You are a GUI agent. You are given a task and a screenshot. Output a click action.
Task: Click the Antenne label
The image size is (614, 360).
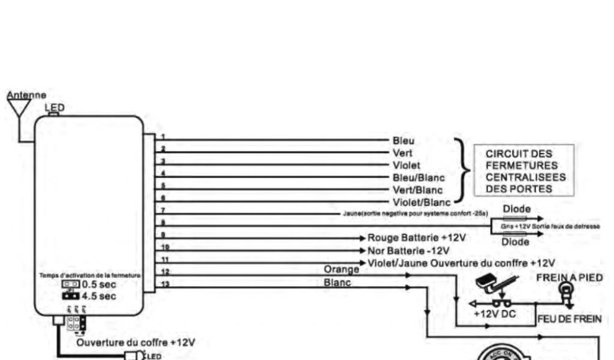[26, 95]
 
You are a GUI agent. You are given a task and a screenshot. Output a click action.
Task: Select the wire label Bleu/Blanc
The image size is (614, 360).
[414, 178]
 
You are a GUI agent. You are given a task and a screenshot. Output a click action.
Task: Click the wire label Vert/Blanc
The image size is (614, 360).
[414, 190]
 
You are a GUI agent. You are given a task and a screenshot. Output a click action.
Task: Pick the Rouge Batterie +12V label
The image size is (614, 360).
[416, 238]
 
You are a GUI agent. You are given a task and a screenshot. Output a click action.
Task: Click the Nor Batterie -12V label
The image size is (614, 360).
[408, 250]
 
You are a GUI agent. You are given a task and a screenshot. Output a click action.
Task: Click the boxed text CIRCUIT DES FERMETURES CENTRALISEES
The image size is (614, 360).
[523, 171]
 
